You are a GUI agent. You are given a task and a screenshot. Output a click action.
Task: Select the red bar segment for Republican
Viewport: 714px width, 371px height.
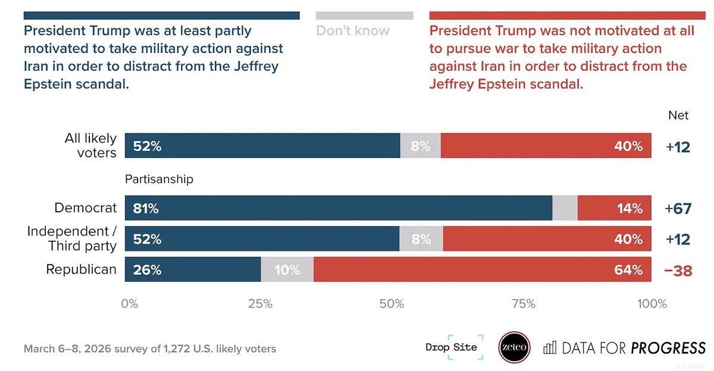[x=482, y=269]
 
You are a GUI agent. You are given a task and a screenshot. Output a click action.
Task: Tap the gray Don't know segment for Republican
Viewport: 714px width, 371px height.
[x=287, y=269]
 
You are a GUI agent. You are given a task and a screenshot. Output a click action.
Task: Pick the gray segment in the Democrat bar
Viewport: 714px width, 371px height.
[x=565, y=208]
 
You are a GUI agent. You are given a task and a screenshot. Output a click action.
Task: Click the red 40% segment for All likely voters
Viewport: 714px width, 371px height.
[x=546, y=146]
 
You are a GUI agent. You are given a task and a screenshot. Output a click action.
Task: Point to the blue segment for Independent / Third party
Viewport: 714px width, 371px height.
[x=262, y=238]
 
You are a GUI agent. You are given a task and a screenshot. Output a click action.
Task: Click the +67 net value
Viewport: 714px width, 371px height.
[x=678, y=209]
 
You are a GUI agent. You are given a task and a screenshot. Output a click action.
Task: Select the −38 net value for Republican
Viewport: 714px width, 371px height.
[x=678, y=270]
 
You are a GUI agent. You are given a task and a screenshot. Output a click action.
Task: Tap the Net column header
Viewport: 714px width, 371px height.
[x=678, y=115]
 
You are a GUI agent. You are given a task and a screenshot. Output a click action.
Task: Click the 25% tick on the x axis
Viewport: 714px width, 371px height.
[x=260, y=304]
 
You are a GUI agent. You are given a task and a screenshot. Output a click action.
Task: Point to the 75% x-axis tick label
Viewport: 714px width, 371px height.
[x=523, y=304]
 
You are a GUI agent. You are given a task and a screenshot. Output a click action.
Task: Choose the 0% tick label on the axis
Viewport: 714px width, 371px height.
[x=130, y=304]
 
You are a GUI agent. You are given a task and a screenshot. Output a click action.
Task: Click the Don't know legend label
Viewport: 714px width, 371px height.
[x=353, y=30]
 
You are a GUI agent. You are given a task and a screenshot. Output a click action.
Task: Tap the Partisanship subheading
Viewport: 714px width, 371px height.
[x=159, y=179]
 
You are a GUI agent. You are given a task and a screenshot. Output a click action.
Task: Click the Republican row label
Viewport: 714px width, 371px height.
[x=82, y=269]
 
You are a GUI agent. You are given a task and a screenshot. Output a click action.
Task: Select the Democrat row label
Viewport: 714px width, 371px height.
[x=85, y=208]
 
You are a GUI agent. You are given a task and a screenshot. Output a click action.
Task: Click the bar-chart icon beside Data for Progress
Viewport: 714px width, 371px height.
[x=550, y=348]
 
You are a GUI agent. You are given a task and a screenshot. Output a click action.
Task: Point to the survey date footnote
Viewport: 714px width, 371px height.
[x=150, y=348]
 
